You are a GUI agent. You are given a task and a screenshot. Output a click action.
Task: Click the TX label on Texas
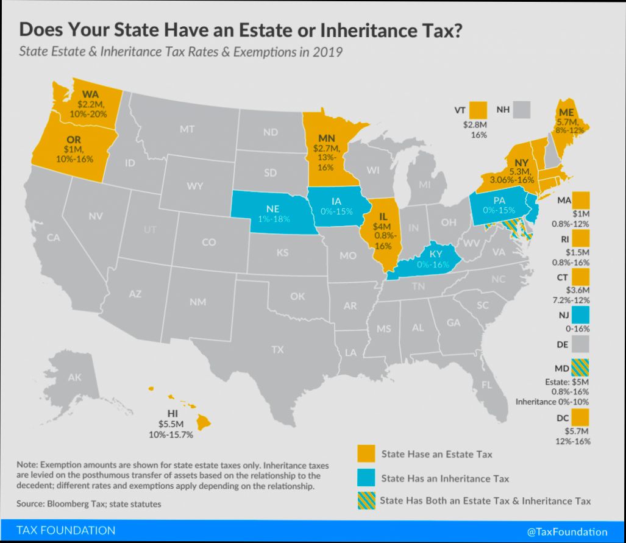click(x=277, y=350)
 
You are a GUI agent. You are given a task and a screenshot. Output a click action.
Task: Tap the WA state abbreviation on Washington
click(x=90, y=95)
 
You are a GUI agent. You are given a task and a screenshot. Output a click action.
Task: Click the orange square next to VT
click(x=479, y=110)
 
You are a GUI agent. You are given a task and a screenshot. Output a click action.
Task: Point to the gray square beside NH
click(x=522, y=110)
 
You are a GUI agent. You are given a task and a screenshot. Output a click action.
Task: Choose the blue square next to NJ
click(x=581, y=314)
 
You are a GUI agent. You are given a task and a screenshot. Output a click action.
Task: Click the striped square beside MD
click(x=581, y=367)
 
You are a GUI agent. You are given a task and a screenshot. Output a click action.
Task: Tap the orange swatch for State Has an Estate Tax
click(x=366, y=454)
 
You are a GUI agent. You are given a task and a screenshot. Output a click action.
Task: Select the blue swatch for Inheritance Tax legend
click(x=366, y=478)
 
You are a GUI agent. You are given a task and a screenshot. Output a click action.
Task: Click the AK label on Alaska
click(x=74, y=378)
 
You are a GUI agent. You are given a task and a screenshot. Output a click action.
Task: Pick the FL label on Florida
click(x=486, y=385)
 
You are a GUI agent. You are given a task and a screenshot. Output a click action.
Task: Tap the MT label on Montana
click(x=187, y=129)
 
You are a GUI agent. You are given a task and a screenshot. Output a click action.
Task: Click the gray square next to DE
click(x=581, y=344)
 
